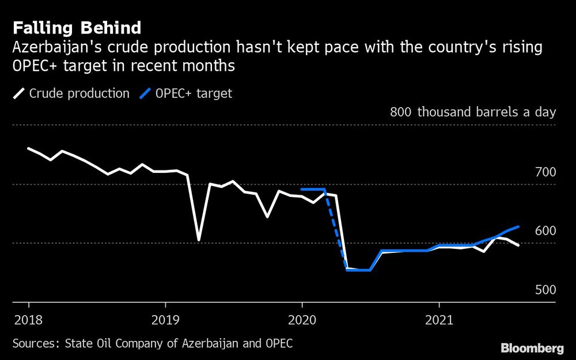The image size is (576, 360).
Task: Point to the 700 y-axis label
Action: [x=544, y=172]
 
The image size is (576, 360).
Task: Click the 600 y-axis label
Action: [x=544, y=231]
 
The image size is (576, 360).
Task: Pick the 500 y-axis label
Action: [x=544, y=290]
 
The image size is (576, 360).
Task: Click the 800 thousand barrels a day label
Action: [x=472, y=112]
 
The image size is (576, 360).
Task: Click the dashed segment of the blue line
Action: [x=336, y=230]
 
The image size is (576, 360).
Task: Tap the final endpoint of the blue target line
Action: [x=519, y=227]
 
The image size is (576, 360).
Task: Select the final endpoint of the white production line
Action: [x=518, y=245]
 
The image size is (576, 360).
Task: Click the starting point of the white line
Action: [x=29, y=149]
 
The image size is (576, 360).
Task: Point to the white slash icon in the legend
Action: [x=19, y=93]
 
